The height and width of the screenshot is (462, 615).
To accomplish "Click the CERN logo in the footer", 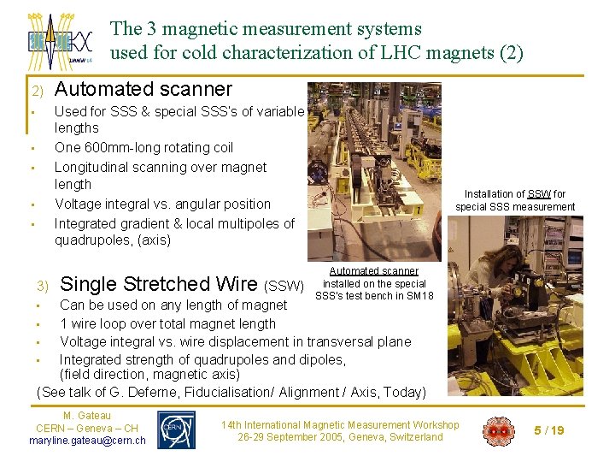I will [x=177, y=429].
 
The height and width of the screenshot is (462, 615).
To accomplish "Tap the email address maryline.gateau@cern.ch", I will [x=87, y=441].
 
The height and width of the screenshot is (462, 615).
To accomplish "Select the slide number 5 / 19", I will [x=548, y=430].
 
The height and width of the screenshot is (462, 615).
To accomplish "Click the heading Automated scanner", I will [x=143, y=89].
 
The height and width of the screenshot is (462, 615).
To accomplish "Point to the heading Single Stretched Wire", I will [x=160, y=284].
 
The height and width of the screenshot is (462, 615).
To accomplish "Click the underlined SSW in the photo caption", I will [x=539, y=194].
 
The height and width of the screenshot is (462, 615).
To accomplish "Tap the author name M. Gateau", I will [x=87, y=416].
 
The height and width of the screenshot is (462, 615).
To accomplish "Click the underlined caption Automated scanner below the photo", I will [x=373, y=271].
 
